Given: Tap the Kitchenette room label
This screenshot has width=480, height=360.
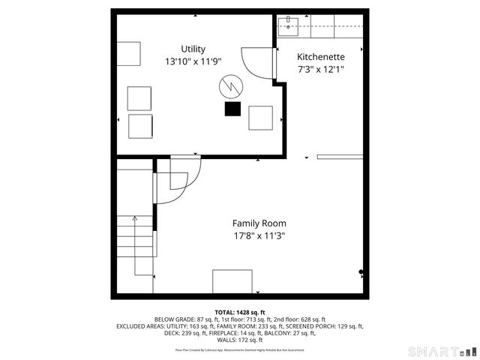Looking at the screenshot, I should tap(320, 57).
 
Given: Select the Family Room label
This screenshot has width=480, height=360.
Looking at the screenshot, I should tap(259, 223).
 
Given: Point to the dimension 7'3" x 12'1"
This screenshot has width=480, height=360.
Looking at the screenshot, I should tap(320, 69).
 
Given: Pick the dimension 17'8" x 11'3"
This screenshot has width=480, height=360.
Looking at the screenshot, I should tap(259, 235).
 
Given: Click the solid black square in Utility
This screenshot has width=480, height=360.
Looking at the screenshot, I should tap(232, 109).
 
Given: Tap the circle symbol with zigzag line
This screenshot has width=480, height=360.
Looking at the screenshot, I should tap(230, 88).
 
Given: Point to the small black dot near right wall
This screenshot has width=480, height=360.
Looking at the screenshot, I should tap(361, 272).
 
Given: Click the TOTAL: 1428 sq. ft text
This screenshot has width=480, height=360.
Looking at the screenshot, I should tap(239, 312).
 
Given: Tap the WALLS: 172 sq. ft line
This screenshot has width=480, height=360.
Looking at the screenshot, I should tap(239, 340).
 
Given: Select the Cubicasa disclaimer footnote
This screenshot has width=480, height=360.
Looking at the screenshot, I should tap(239, 349).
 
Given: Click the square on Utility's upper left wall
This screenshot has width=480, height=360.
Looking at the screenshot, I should tap(128, 54).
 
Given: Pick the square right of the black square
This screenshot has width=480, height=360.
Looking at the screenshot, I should tap(260, 118).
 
